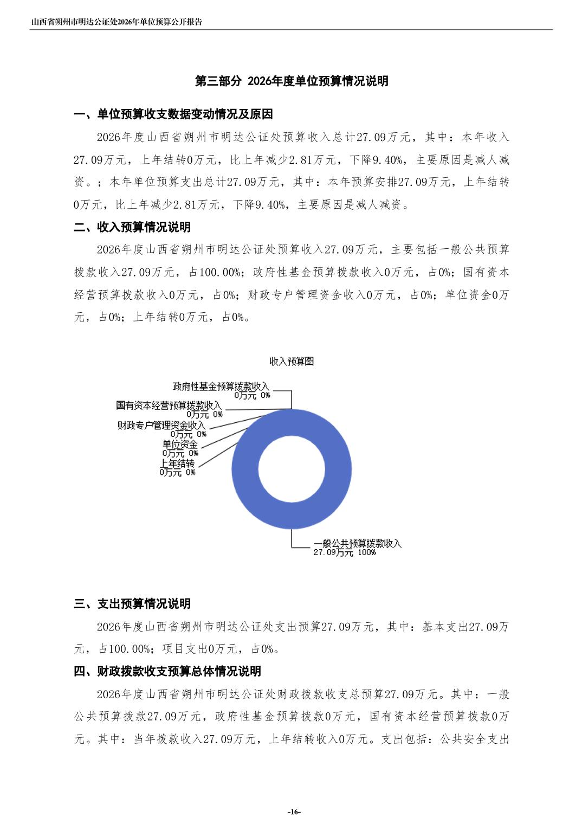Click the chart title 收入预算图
coord(292,362)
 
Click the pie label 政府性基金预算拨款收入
coord(221,387)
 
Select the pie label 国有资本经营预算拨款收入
coord(169,405)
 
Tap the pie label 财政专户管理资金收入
coord(161,426)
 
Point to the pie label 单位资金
coord(180,445)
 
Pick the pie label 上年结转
coord(177,463)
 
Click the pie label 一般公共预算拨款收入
coord(358,543)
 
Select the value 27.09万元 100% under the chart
coord(345,552)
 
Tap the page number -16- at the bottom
coord(294,812)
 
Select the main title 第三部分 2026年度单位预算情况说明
coord(292,81)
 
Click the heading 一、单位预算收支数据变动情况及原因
coord(173,114)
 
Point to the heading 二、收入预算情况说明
coord(132,227)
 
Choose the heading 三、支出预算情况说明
coord(132,604)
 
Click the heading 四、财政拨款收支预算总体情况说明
coord(167,671)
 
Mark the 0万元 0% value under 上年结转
coord(177,473)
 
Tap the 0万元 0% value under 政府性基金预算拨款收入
coord(252,396)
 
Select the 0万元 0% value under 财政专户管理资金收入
coord(188,434)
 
